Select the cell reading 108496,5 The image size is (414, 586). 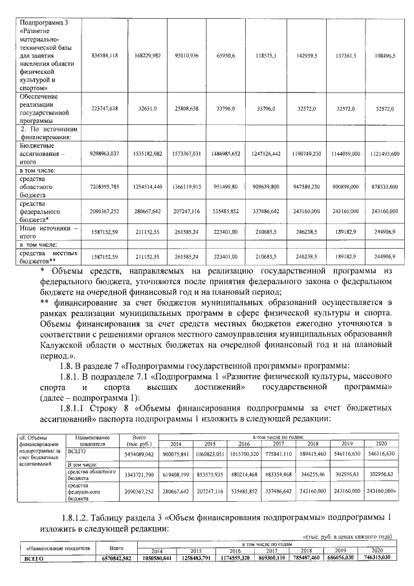[x=380, y=56]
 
